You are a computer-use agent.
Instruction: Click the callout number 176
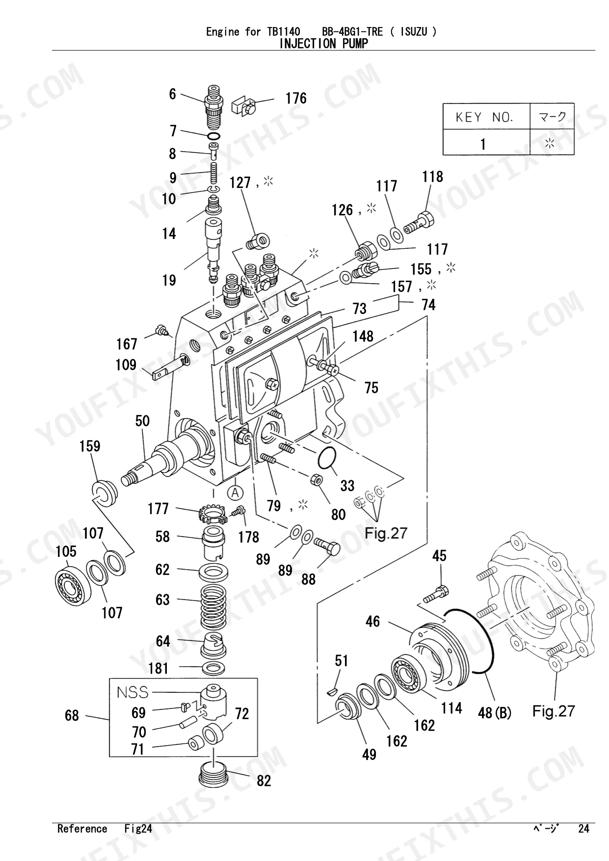point(296,98)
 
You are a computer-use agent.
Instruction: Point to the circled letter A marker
point(236,492)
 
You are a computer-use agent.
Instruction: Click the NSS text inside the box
point(132,692)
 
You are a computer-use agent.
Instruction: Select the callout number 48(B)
point(495,713)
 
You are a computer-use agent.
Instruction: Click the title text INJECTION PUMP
point(323,44)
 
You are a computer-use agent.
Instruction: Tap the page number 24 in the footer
point(583,829)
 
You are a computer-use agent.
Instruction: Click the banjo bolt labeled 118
point(420,222)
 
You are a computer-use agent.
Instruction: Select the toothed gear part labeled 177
point(212,515)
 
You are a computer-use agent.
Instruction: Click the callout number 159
point(90,446)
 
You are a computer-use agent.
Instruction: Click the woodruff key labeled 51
point(332,692)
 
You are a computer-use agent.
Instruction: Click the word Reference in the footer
point(82,829)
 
